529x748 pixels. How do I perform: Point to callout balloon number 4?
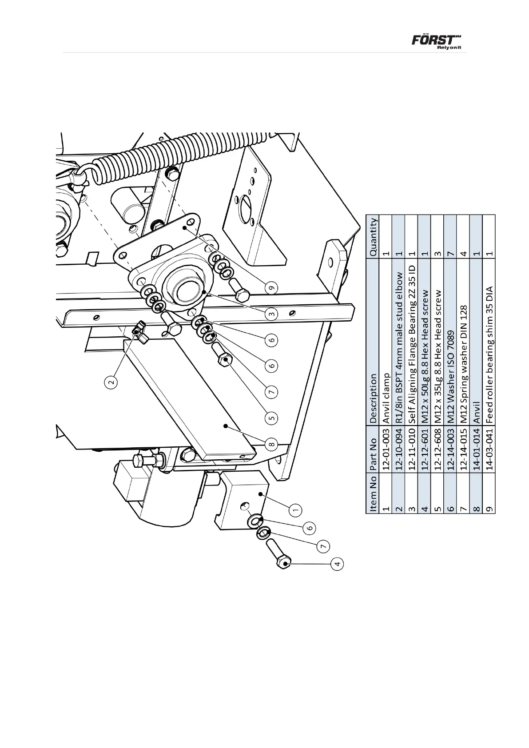pyautogui.click(x=338, y=564)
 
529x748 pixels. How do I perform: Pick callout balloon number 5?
pyautogui.click(x=272, y=418)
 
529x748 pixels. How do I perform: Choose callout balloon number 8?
pyautogui.click(x=272, y=443)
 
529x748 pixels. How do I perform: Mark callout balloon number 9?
pyautogui.click(x=272, y=288)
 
